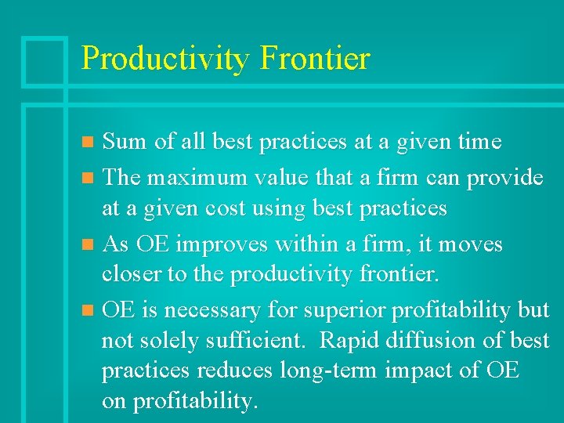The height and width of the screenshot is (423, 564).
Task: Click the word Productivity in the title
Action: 164,60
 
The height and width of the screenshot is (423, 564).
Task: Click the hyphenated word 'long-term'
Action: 338,371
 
